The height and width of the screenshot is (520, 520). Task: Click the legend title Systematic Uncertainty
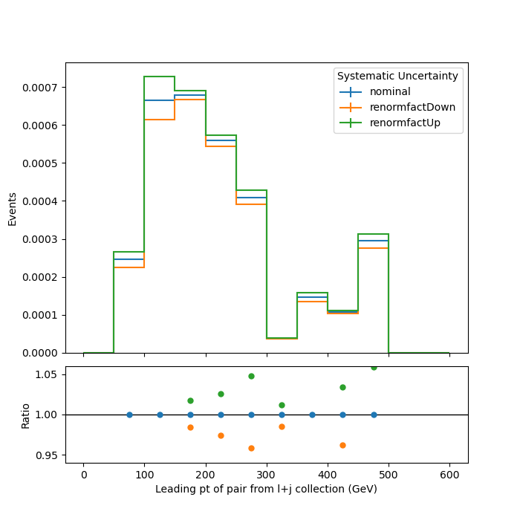tap(397, 76)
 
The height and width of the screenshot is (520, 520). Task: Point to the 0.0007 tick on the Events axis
tap(39, 88)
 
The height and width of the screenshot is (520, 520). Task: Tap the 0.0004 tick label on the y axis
tap(39, 201)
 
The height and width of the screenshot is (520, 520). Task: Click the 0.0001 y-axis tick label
tap(39, 315)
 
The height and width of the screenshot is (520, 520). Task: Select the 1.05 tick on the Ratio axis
tap(46, 374)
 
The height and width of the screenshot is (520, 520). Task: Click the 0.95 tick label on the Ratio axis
tap(46, 455)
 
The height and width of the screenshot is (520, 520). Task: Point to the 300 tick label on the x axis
tap(266, 475)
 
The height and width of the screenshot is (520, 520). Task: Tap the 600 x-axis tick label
tap(449, 475)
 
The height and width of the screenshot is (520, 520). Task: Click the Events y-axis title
tap(13, 209)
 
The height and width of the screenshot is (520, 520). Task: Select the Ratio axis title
tap(25, 416)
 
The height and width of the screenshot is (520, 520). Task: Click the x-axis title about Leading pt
tap(266, 489)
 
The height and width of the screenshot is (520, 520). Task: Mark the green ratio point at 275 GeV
tap(251, 376)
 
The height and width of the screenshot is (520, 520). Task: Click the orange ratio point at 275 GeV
tap(251, 449)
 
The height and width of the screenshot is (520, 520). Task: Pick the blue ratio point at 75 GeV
tap(130, 415)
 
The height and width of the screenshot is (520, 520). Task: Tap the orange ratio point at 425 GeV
tap(343, 446)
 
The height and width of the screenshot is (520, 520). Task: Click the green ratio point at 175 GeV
tap(190, 400)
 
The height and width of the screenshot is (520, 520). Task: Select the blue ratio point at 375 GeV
tap(313, 415)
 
